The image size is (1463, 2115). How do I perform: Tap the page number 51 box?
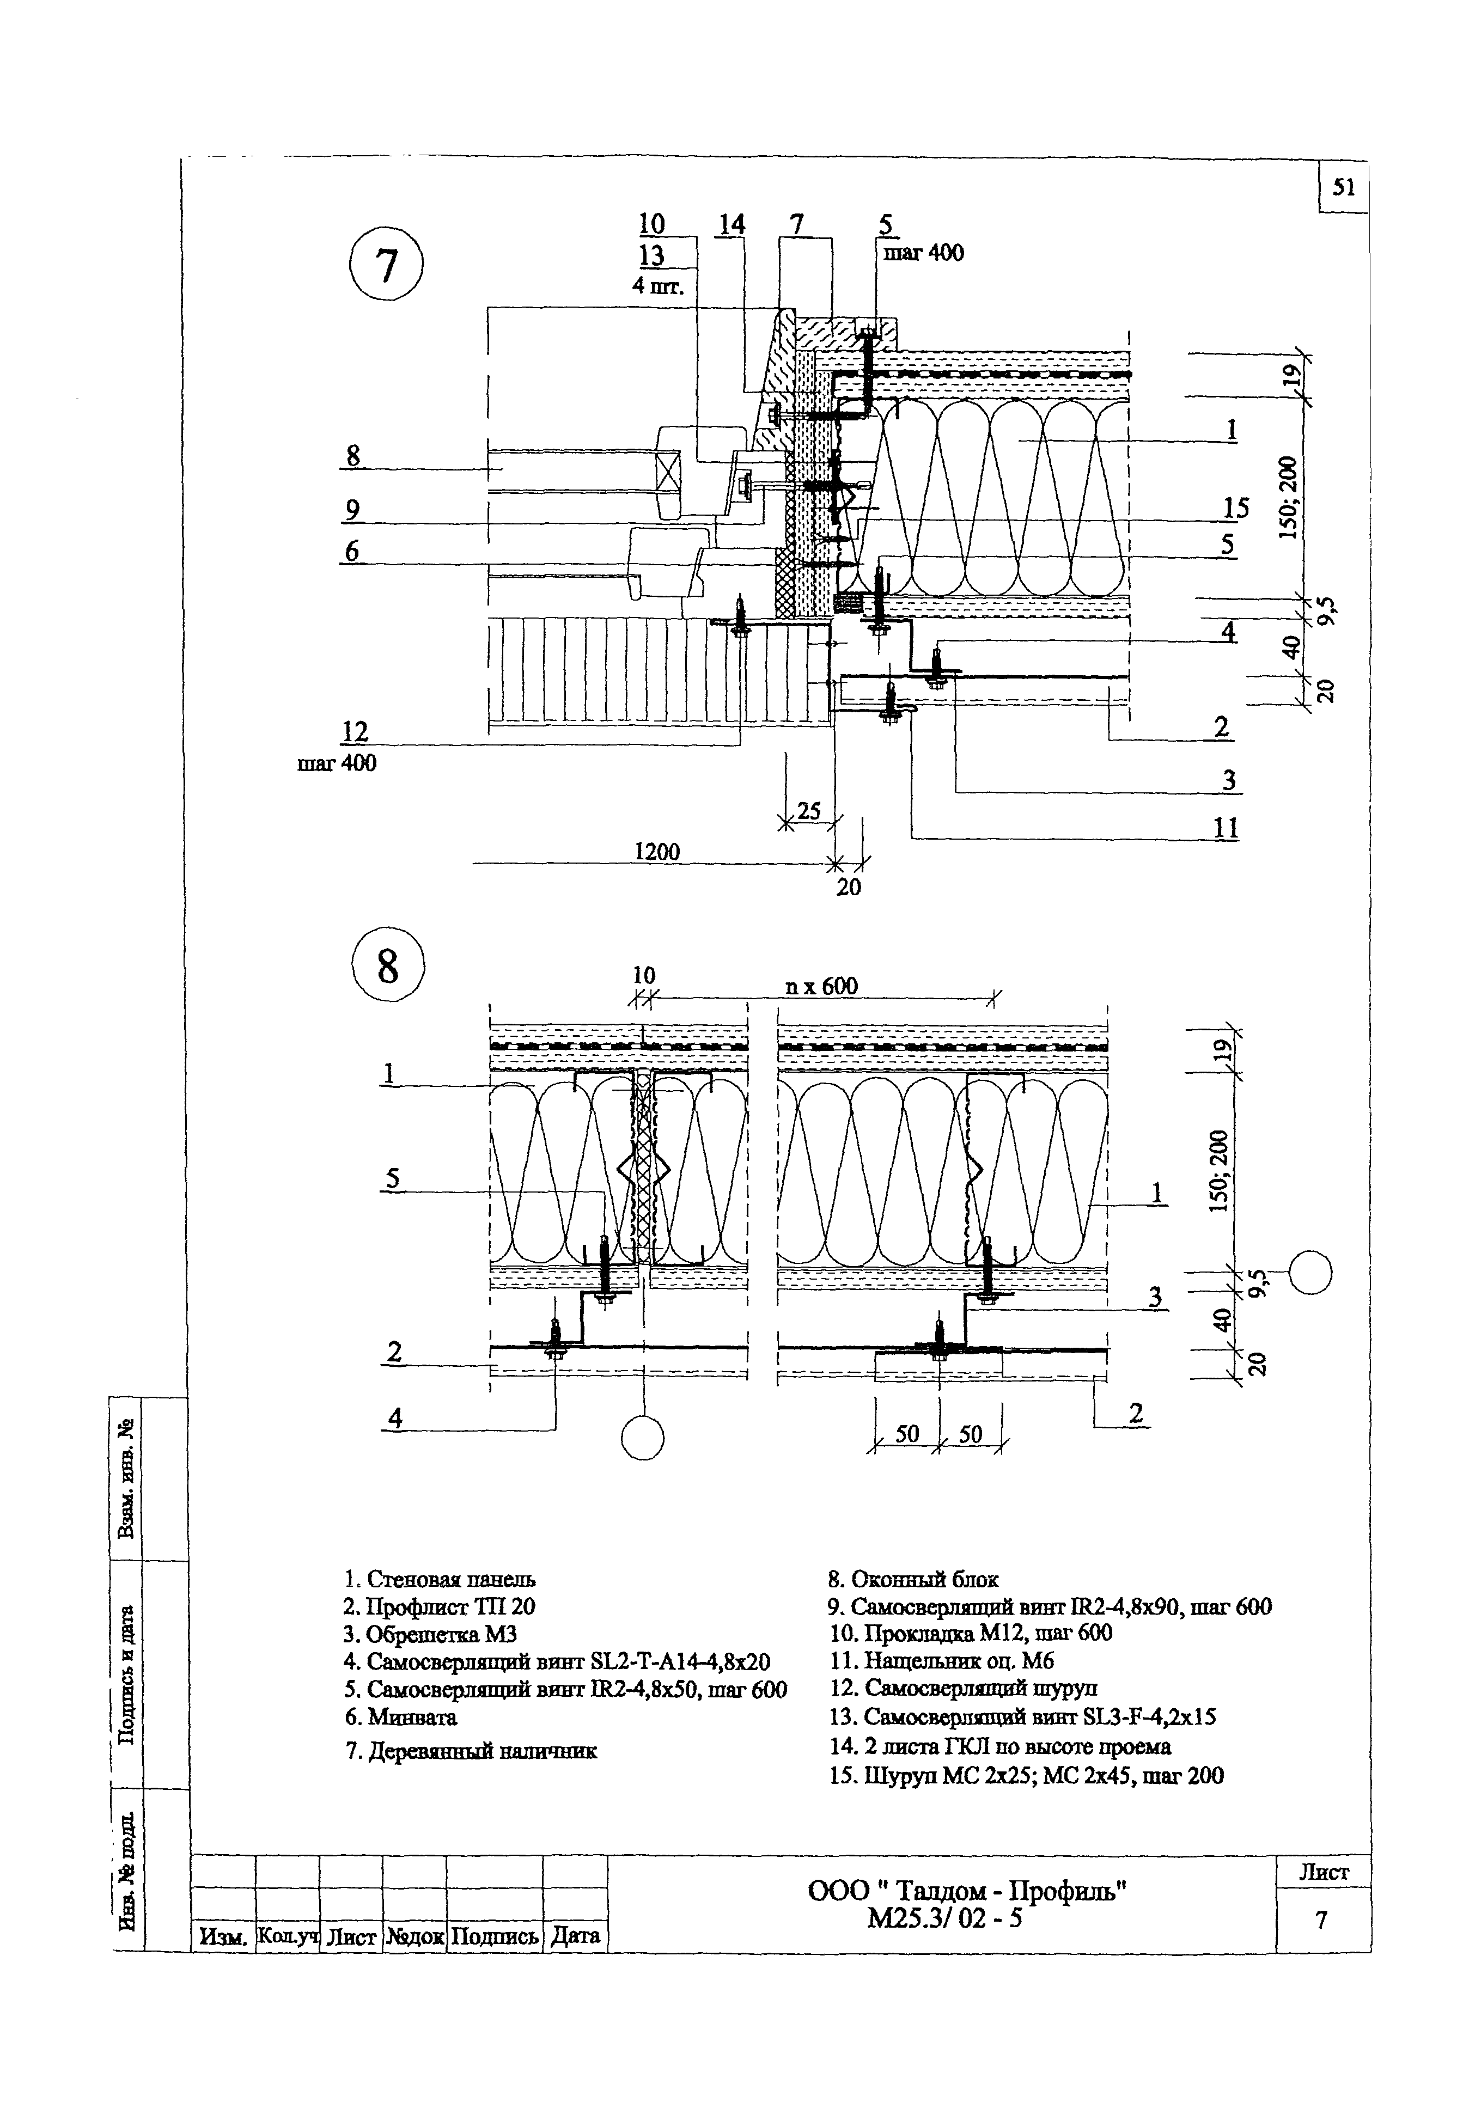click(1343, 188)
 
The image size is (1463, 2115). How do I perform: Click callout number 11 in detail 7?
click(1226, 828)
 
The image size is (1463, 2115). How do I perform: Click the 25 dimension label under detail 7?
click(808, 810)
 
